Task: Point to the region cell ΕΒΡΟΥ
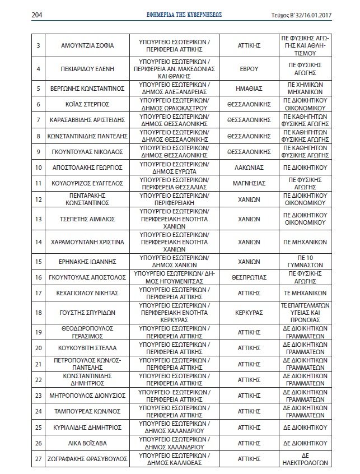[x=246, y=69]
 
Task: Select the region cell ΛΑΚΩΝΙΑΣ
[x=246, y=167]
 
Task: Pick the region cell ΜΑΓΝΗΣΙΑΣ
[x=246, y=183]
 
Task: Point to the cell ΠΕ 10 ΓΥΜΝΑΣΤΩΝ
[x=303, y=261]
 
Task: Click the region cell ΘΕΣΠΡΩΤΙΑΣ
[x=246, y=277]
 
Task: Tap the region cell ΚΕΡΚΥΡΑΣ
[x=246, y=312]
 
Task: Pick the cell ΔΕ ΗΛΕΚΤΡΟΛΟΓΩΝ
[x=303, y=459]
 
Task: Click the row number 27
[x=39, y=459]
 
